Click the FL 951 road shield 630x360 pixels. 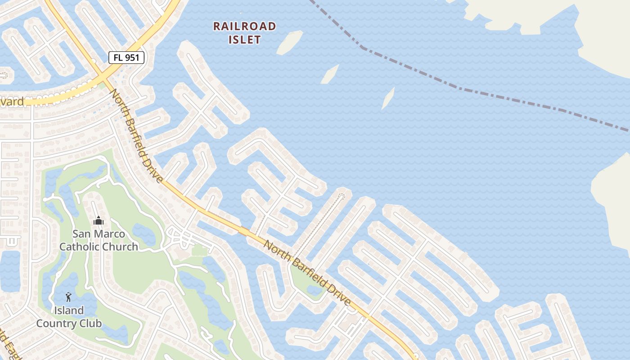coord(126,57)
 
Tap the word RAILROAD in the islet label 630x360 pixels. coord(244,26)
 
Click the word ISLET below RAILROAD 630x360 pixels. coord(244,40)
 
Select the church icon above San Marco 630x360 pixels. coord(98,220)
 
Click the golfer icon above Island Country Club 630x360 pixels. coord(68,297)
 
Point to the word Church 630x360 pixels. coord(120,247)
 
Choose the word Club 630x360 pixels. coord(88,323)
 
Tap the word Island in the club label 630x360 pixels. coord(68,310)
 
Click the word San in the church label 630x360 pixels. coord(82,234)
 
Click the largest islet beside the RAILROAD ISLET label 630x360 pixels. coord(289,43)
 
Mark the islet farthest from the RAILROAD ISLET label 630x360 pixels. coord(388,98)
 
